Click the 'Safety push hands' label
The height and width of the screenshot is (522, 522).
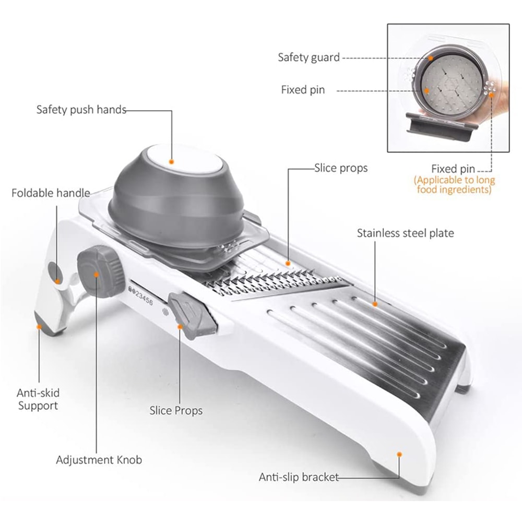[x=81, y=110]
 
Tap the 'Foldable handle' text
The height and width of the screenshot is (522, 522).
[x=51, y=193]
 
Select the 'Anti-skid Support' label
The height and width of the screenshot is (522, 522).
[x=39, y=399]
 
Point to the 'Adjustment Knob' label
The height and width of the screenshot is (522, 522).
[x=99, y=460]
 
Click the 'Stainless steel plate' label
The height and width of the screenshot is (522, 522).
[x=405, y=233]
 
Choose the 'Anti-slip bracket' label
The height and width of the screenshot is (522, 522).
[x=299, y=477]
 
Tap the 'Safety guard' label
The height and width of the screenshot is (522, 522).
[x=309, y=57]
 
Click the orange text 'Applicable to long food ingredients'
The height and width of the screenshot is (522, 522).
[x=454, y=185]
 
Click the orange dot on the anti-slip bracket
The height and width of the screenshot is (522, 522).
[x=399, y=455]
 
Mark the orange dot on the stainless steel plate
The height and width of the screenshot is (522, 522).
[x=374, y=303]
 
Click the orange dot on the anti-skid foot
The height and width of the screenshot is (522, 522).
[x=39, y=327]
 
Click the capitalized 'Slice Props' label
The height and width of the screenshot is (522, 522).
[x=176, y=410]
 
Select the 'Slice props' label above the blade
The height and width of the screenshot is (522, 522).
[x=341, y=168]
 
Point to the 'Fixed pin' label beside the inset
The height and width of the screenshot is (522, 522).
[x=303, y=90]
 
